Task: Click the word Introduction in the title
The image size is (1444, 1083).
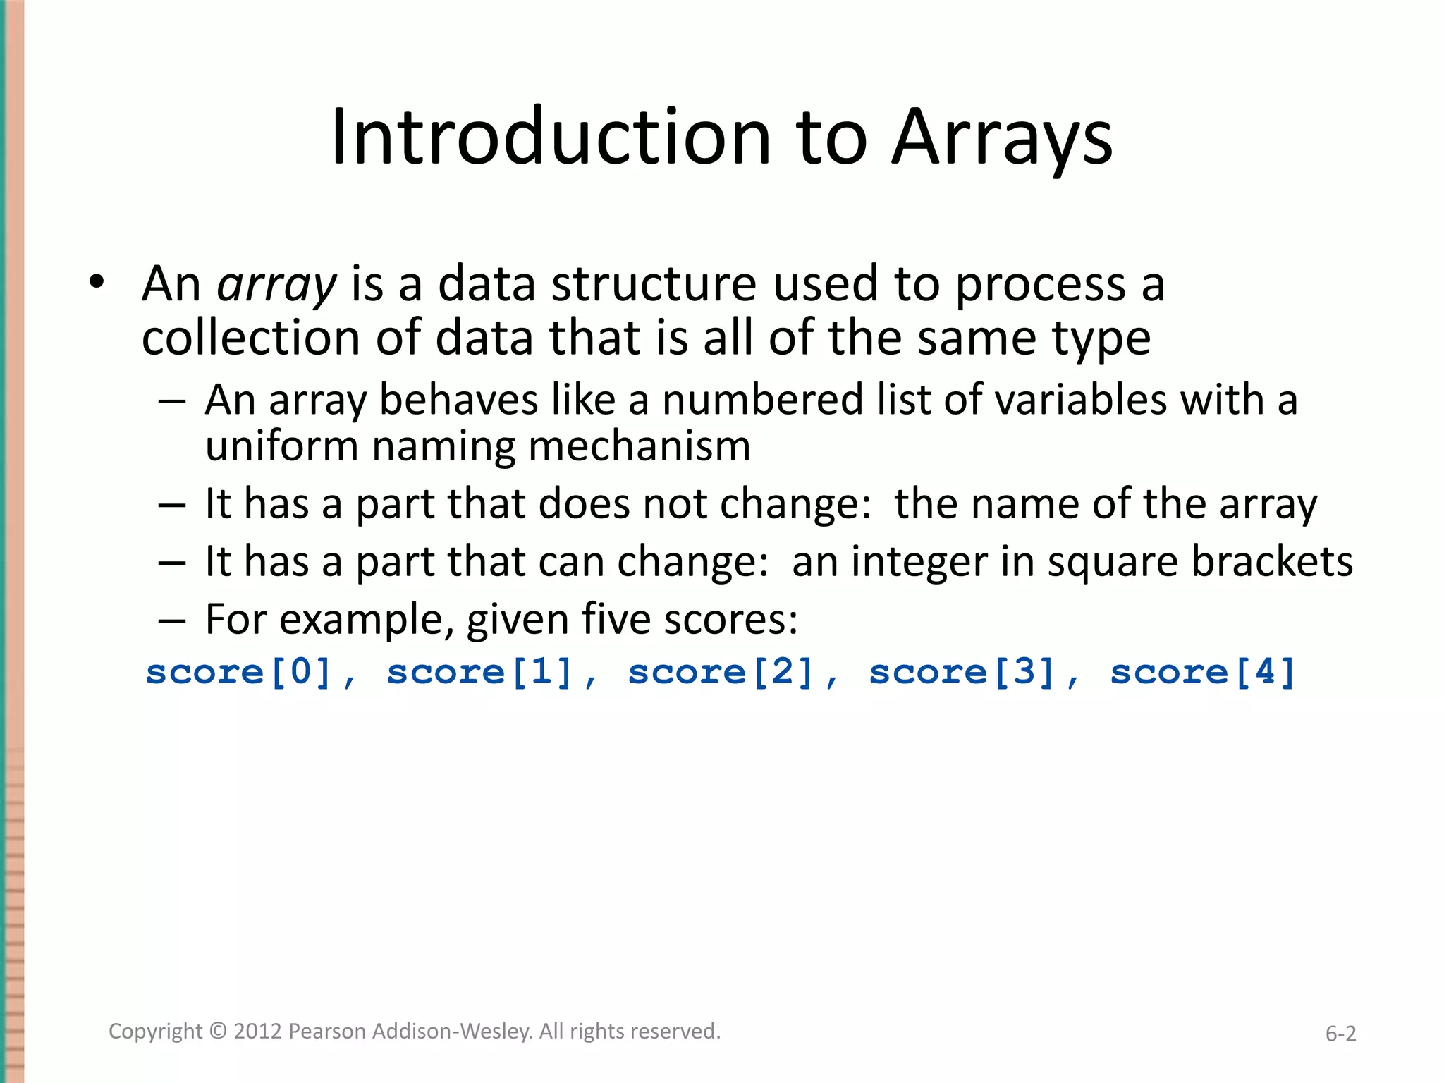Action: (x=551, y=137)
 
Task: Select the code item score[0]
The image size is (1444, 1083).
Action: (x=238, y=671)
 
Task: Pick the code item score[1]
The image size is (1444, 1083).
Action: (x=479, y=671)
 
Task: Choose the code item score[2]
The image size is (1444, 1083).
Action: (x=721, y=671)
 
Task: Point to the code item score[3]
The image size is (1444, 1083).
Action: (x=962, y=671)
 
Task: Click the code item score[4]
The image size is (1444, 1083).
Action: (x=1203, y=671)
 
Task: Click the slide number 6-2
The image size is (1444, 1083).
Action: (x=1340, y=1034)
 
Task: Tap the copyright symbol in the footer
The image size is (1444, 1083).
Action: (x=219, y=1031)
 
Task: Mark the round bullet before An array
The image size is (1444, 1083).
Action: (x=97, y=283)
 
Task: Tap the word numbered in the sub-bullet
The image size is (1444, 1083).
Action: (x=762, y=400)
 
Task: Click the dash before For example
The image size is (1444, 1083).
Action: (x=172, y=620)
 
